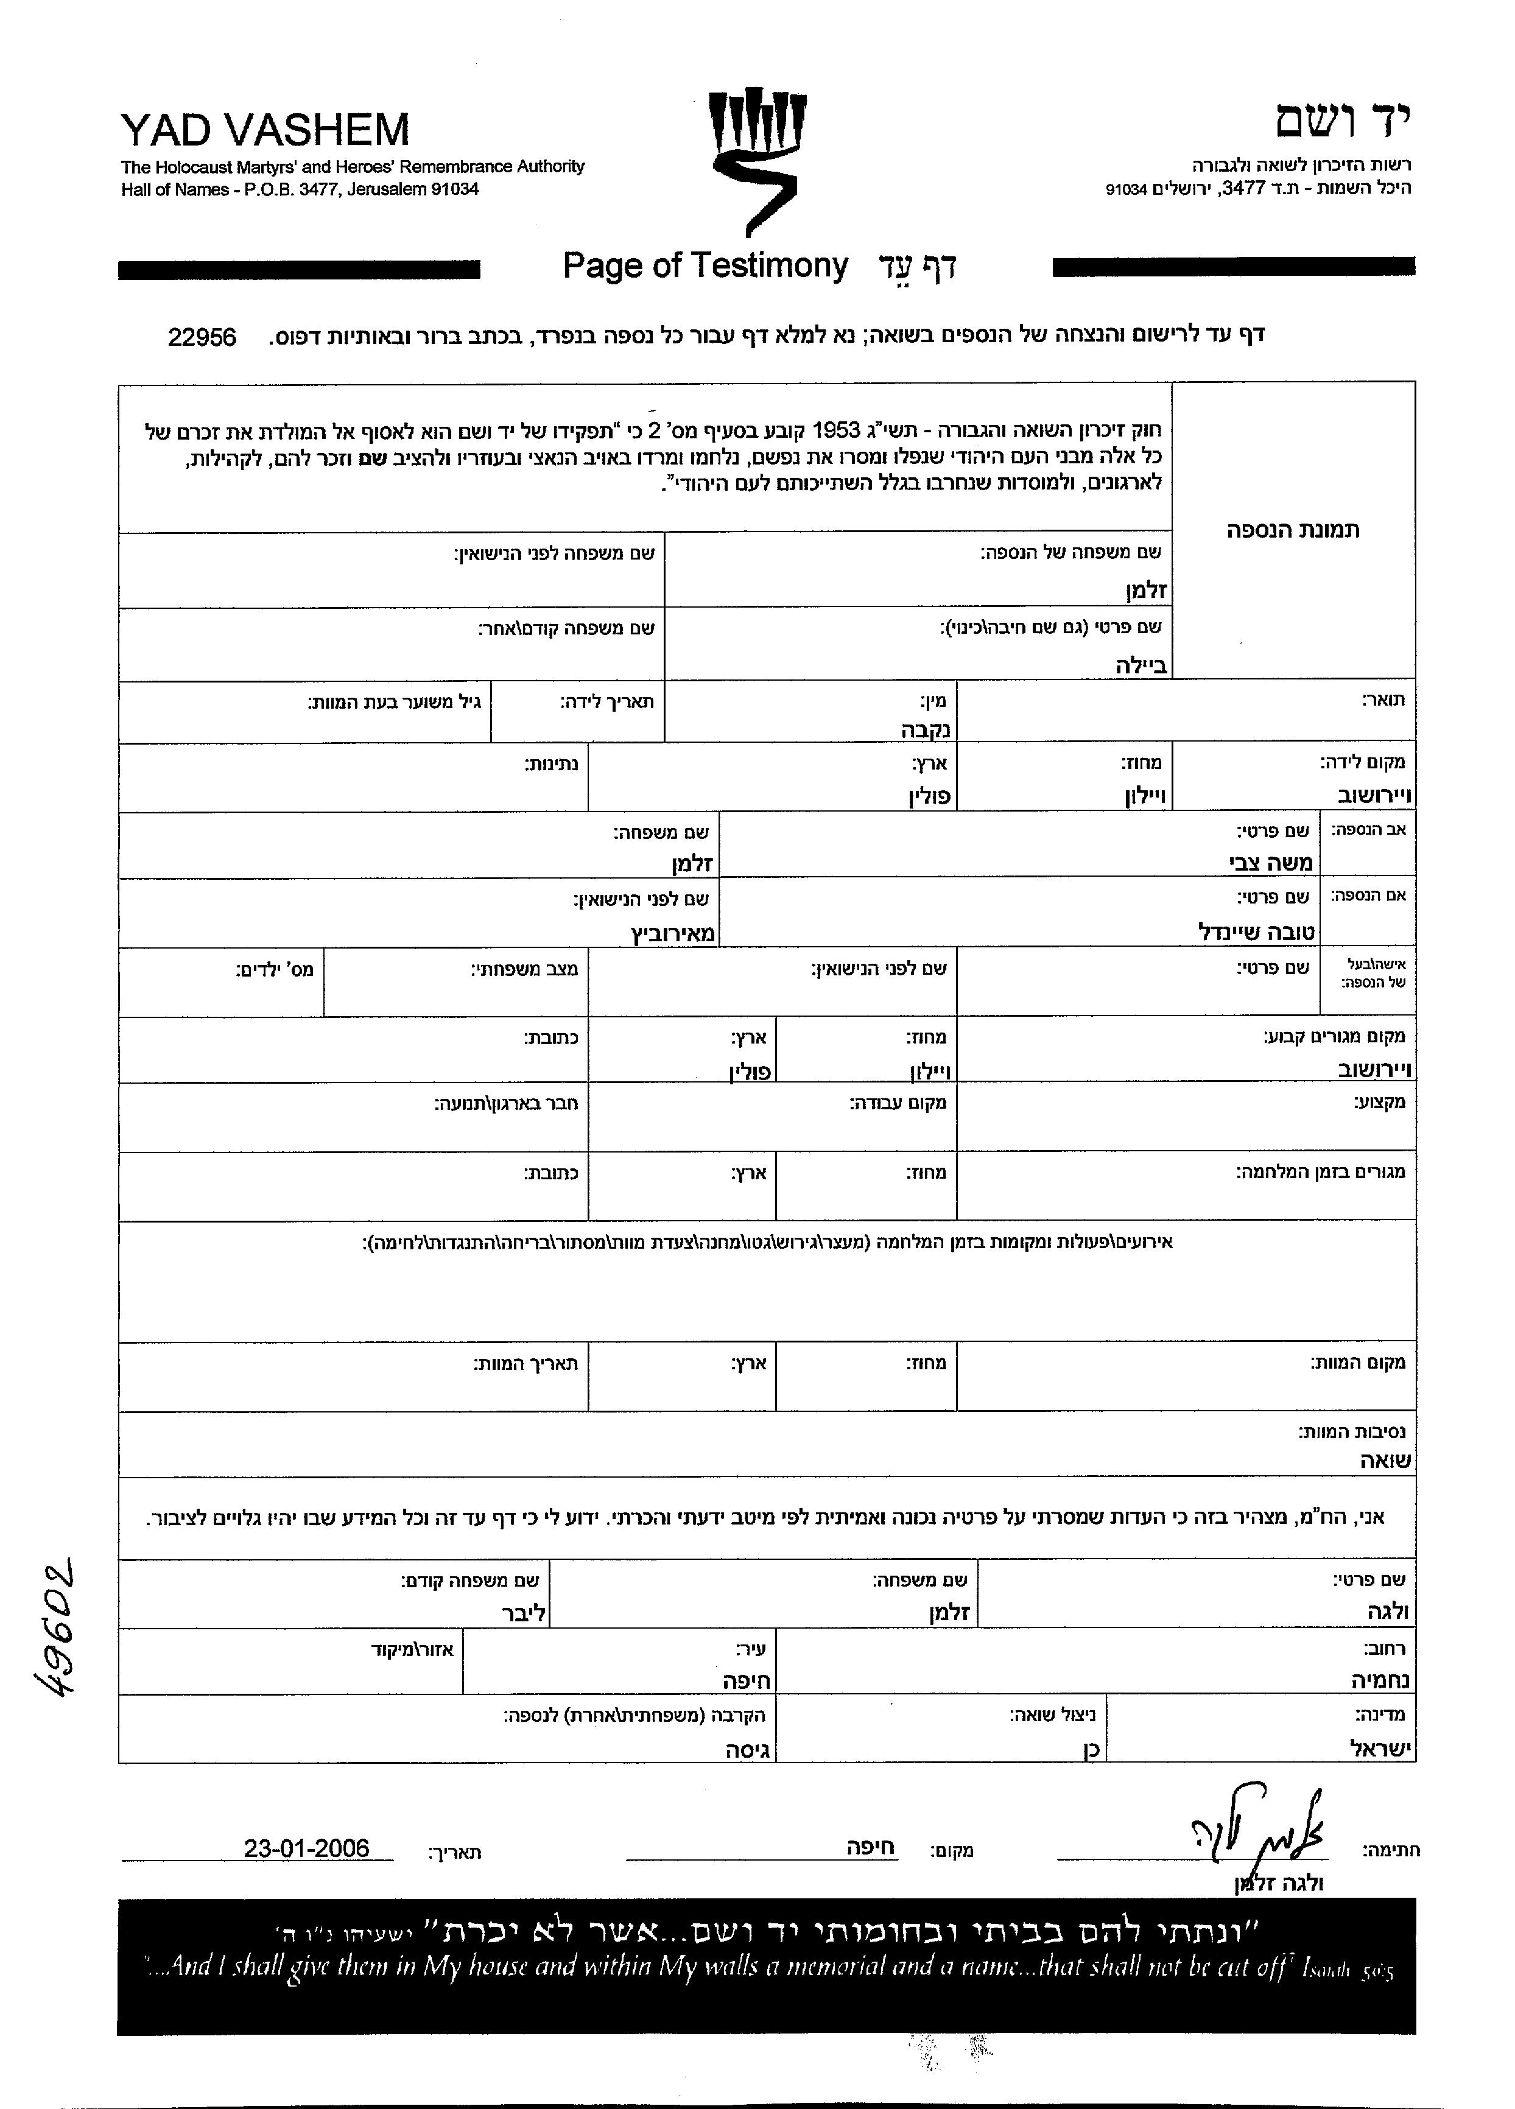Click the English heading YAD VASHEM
(x=265, y=130)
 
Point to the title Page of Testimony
(x=705, y=266)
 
